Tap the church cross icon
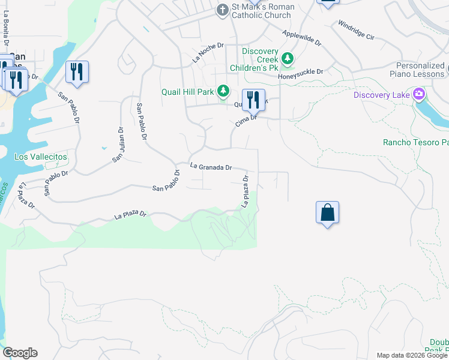(x=223, y=10)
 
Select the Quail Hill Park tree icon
(x=224, y=91)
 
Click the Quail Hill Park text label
(x=188, y=92)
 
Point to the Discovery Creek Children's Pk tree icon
(x=288, y=58)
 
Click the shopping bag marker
(x=327, y=213)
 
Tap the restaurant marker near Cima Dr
(x=253, y=100)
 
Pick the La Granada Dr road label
(x=211, y=167)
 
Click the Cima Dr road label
(x=246, y=121)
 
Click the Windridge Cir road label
(x=355, y=31)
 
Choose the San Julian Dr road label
(x=118, y=144)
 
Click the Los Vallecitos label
(x=41, y=157)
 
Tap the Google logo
(x=20, y=353)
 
